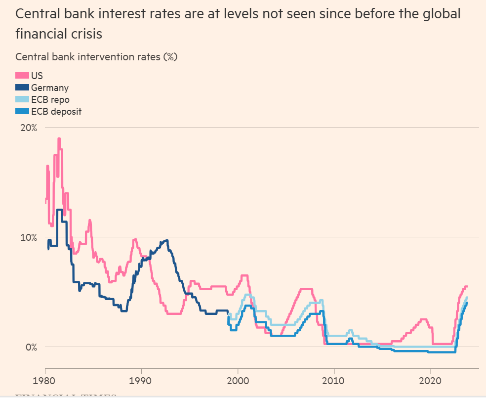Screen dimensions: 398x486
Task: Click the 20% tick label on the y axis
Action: [x=28, y=128]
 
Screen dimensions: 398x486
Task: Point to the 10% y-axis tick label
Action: [x=28, y=237]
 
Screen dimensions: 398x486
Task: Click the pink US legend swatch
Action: [x=22, y=76]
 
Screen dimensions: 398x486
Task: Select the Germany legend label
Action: [x=49, y=88]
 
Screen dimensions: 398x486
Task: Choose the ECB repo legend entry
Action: [x=50, y=99]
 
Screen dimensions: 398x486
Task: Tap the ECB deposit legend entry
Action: [x=56, y=111]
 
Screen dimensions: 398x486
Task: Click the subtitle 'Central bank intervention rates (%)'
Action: [x=96, y=56]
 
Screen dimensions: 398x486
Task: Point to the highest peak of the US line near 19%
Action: [x=59, y=139]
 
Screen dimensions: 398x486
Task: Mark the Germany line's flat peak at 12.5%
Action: [x=60, y=210]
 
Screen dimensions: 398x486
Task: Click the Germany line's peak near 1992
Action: [x=166, y=241]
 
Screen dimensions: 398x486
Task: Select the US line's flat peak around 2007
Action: [x=307, y=289]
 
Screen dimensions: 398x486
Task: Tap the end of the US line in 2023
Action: [x=466, y=287]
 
